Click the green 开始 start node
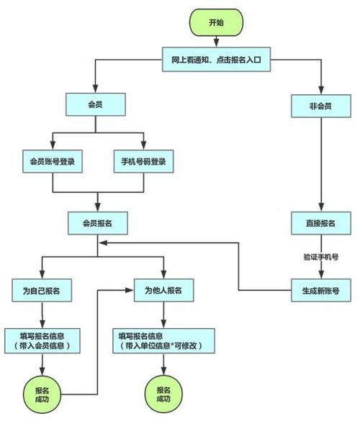(215, 23)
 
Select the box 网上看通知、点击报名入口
(215, 61)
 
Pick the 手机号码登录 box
(144, 162)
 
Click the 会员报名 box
(99, 223)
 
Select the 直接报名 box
(320, 223)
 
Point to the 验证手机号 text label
(320, 257)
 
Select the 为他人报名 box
(164, 291)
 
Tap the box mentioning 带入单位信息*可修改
(164, 340)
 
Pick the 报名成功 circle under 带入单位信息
(163, 394)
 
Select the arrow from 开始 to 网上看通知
(215, 42)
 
